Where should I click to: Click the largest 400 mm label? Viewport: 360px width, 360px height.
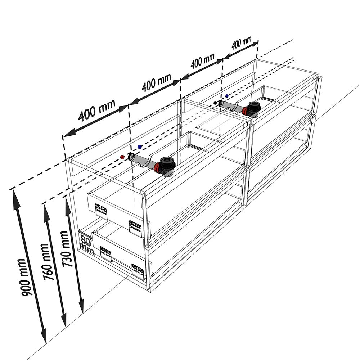click(x=97, y=111)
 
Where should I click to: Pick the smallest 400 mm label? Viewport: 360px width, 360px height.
click(x=242, y=43)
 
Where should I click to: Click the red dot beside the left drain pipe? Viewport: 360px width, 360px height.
click(x=122, y=157)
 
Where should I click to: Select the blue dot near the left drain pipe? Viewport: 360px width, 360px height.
click(x=140, y=147)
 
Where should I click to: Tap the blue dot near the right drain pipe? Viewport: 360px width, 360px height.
click(x=227, y=96)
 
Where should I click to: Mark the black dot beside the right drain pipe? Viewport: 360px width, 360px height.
click(x=215, y=103)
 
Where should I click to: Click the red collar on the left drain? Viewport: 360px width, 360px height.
click(x=157, y=168)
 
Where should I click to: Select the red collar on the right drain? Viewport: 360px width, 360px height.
click(x=245, y=111)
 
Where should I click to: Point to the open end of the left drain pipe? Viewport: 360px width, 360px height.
click(x=131, y=157)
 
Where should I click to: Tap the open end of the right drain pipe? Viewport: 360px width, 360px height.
click(x=221, y=104)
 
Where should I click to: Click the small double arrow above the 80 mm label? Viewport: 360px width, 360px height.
click(x=85, y=234)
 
